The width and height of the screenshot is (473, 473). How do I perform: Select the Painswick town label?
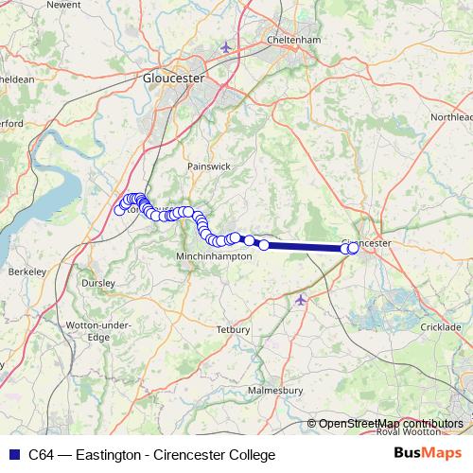pos(208,166)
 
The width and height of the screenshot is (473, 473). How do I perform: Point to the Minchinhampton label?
pos(215,256)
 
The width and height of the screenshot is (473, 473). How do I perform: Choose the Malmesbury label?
pos(272,390)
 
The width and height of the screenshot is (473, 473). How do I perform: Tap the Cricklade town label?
pos(440,326)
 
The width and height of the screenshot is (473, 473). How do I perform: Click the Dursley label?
pos(98,282)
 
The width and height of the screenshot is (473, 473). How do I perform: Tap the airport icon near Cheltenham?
pos(224,46)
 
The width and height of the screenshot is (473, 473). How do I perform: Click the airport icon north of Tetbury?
pos(301,299)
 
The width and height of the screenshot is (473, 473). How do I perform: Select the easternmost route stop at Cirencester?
pos(354,248)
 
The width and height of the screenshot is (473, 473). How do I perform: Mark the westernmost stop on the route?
pos(119,210)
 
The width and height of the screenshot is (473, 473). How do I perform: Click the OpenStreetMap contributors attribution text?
pos(390,423)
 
